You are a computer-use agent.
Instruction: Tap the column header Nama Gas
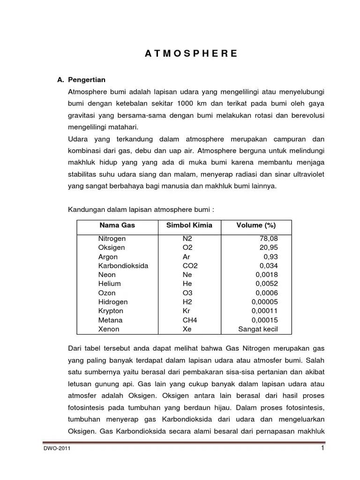117,225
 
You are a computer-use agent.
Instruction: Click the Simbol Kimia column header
189,225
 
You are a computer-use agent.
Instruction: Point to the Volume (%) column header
255,225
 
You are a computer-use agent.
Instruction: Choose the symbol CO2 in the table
190,266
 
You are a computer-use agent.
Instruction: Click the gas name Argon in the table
108,257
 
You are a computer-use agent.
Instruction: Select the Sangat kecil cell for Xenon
258,329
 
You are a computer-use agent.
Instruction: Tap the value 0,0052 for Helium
267,284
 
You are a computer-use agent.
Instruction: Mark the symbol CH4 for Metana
190,320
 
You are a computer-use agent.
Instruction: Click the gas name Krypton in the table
111,311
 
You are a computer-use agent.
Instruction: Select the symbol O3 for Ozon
187,293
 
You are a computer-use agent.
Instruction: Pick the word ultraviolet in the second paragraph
308,174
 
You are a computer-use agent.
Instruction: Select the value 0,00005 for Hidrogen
265,302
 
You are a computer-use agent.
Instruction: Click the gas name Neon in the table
107,275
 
